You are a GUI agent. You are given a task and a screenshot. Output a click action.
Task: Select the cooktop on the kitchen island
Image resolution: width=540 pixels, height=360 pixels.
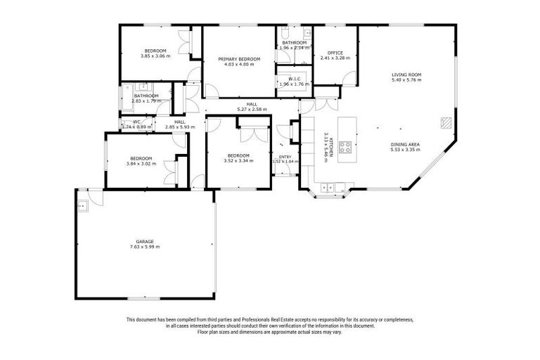click(x=346, y=148)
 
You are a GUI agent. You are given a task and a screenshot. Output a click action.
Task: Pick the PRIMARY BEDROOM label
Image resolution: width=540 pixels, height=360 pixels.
click(x=239, y=58)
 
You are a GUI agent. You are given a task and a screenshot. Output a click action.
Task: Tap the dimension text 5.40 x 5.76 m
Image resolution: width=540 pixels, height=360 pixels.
click(x=406, y=80)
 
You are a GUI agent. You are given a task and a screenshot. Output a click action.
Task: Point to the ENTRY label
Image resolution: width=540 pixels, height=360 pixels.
click(x=285, y=157)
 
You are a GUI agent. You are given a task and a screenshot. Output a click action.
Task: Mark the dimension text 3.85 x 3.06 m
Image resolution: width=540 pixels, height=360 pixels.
click(x=155, y=56)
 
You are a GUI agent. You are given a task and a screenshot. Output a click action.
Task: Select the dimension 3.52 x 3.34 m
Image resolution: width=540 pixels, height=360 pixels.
click(x=238, y=160)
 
